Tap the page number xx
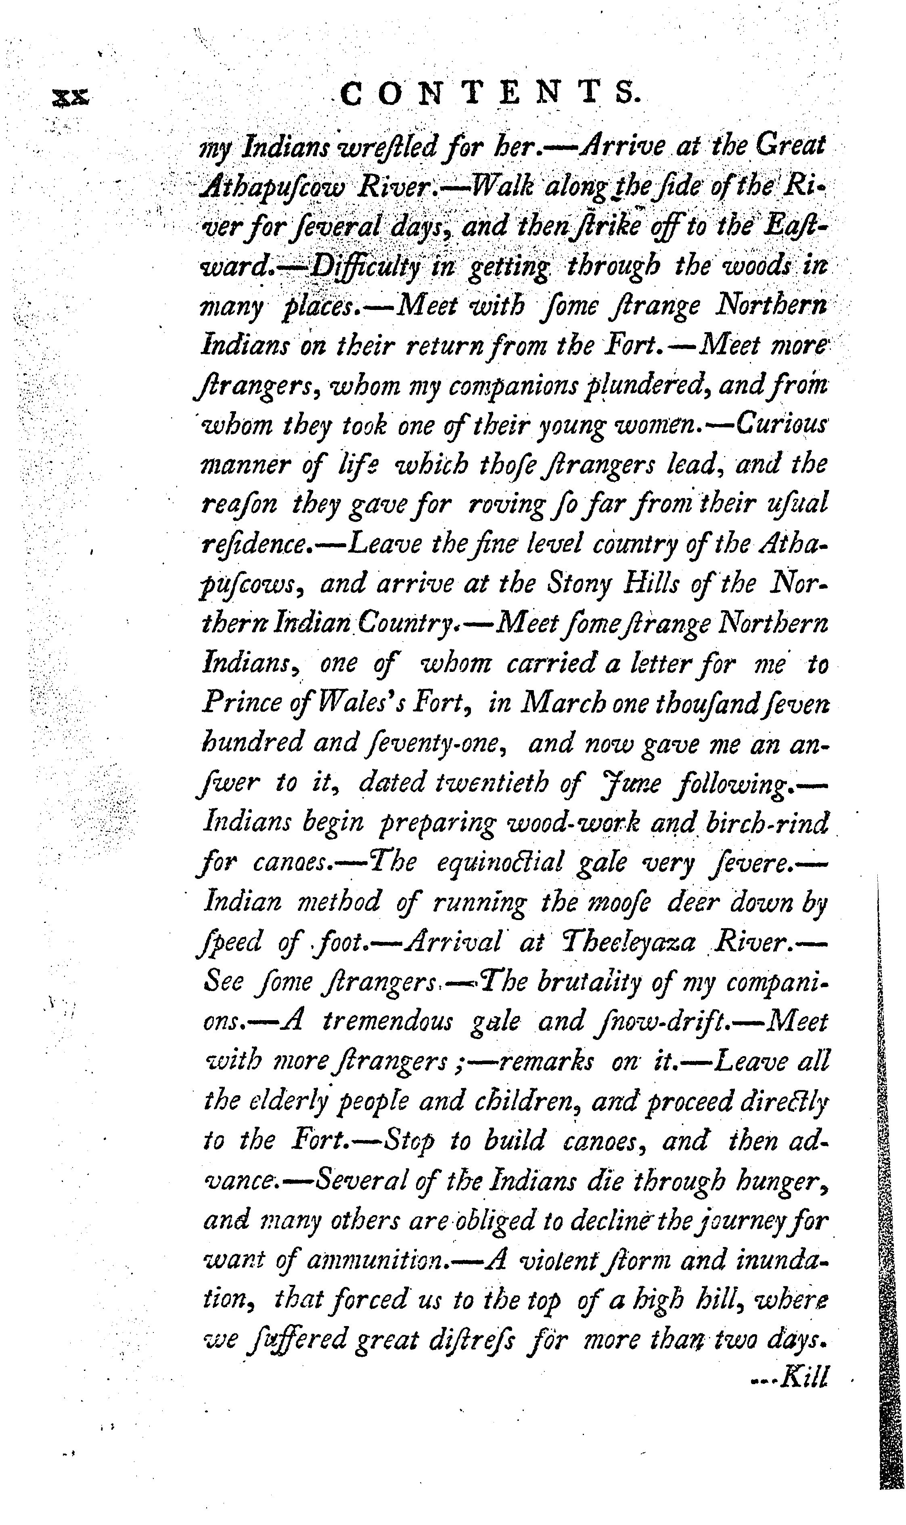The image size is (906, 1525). (71, 96)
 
